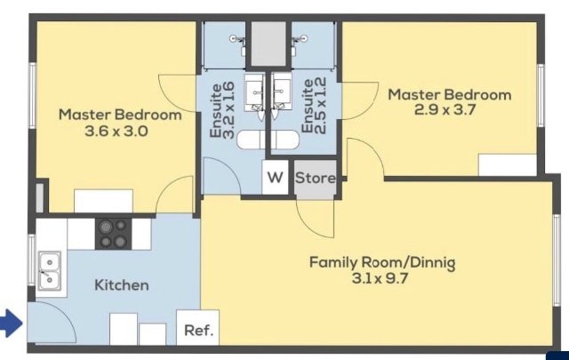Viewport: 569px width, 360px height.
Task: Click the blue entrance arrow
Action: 11,324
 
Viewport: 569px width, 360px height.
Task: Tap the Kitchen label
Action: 122,285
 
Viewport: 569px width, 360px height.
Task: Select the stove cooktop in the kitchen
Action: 113,234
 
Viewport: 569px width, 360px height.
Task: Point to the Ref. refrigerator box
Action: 197,328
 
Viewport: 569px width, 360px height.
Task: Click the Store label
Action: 316,178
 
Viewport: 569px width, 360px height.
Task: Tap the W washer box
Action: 275,178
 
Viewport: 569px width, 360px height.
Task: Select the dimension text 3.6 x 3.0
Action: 116,131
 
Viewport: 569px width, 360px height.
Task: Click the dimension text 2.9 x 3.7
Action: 445,109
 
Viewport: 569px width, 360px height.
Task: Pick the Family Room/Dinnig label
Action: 382,263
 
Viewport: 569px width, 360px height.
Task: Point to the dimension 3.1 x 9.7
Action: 380,279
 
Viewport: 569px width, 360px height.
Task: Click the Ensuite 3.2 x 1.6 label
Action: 222,110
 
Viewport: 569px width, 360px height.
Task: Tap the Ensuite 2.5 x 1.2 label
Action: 314,106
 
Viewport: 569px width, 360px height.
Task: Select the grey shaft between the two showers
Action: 268,44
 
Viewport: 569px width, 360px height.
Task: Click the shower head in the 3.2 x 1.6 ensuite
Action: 235,38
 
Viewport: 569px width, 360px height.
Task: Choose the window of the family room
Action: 557,260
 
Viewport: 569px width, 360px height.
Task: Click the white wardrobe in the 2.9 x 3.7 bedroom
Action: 508,164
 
